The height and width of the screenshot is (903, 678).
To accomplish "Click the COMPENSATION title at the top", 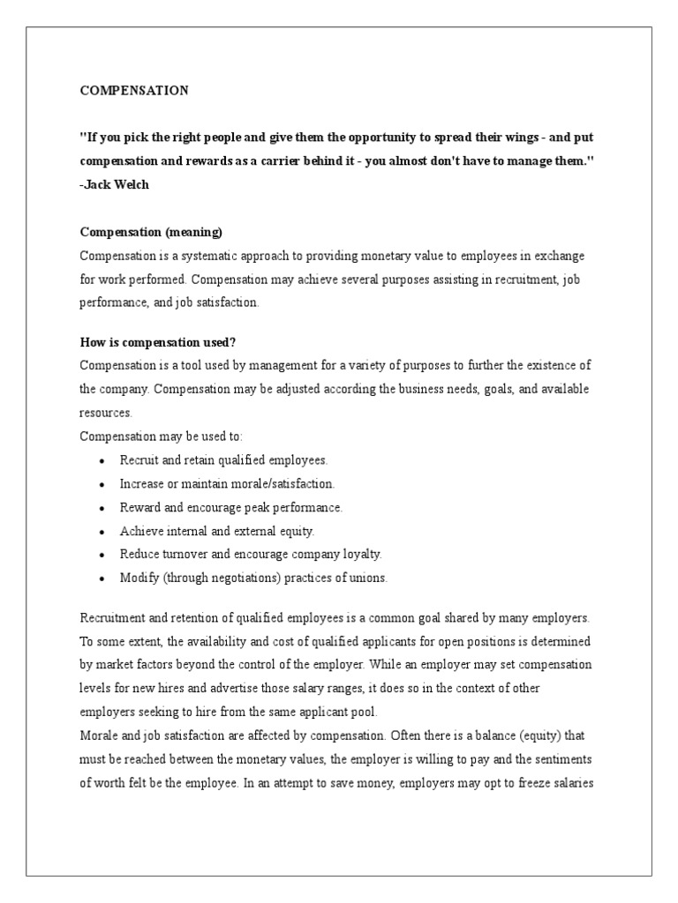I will coord(134,90).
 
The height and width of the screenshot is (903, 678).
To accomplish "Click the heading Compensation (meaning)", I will coord(151,232).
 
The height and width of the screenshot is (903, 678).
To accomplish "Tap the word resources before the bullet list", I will coord(106,411).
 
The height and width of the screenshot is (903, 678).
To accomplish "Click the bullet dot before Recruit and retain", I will coord(103,460).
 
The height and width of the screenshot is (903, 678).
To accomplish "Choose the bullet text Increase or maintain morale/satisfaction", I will coord(227,483).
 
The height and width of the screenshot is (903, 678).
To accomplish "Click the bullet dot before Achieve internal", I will coord(103,531).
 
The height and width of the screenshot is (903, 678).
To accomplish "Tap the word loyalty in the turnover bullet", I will coord(359,555).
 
